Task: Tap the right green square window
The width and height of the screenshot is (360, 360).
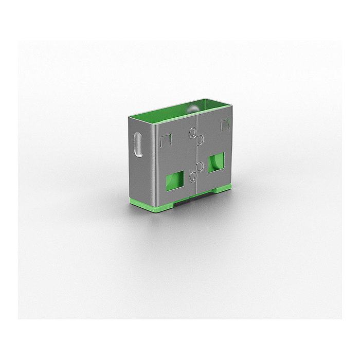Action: [x=217, y=162]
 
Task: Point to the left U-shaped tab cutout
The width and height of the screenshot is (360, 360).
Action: [x=165, y=140]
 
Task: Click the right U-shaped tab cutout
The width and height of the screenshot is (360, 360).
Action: [x=224, y=124]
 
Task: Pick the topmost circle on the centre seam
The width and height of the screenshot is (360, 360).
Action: [x=193, y=133]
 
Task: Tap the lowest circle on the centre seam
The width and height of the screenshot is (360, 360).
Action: [x=193, y=177]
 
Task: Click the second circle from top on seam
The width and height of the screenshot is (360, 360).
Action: [x=200, y=139]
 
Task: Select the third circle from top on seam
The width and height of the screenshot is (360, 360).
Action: [x=200, y=166]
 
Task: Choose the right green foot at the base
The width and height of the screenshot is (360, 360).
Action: [x=222, y=188]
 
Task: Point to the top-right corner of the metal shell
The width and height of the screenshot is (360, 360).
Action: [x=231, y=107]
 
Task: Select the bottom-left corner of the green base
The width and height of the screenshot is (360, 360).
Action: [x=130, y=202]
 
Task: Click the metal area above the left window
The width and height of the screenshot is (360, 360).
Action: [x=175, y=159]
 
